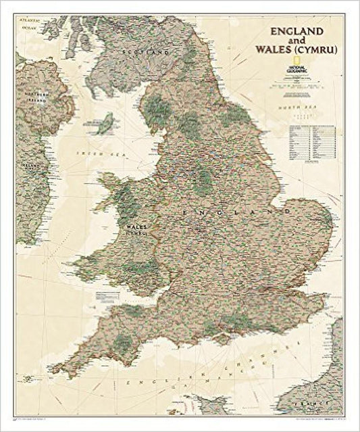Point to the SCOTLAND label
143,51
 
